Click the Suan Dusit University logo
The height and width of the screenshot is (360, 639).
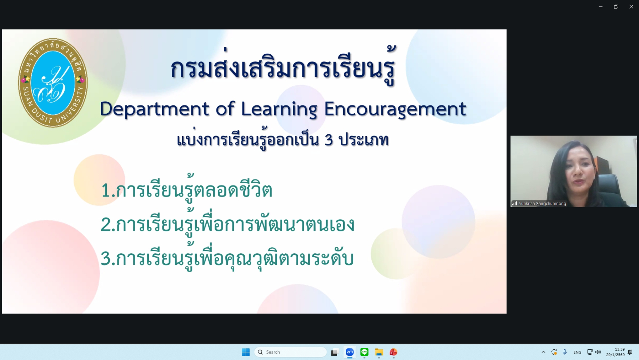coord(53,83)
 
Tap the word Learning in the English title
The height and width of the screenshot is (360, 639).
coord(279,109)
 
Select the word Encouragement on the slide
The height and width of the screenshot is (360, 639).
coord(395,109)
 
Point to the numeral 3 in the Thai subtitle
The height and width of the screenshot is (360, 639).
coord(329,140)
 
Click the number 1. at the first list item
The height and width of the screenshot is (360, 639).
coord(109,190)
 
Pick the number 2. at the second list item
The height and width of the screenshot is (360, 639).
coord(108,225)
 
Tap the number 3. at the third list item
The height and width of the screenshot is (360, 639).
coord(108,258)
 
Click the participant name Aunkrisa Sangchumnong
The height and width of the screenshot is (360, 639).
coord(542,204)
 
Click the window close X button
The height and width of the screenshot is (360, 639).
coord(631,7)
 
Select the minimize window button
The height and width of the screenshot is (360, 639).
coord(601,7)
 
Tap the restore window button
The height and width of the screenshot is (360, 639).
coord(616,7)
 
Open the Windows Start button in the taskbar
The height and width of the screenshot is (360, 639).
coord(246,352)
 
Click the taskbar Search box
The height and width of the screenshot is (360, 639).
coord(290,352)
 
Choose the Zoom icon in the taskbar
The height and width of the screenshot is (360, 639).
coord(350,352)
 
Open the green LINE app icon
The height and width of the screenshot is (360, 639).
coord(364,352)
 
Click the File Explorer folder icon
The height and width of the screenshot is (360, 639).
coord(379,352)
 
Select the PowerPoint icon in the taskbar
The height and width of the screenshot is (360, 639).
coord(393,352)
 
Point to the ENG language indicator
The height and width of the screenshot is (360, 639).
coord(577,352)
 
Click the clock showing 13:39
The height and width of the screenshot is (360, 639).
coord(619,349)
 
